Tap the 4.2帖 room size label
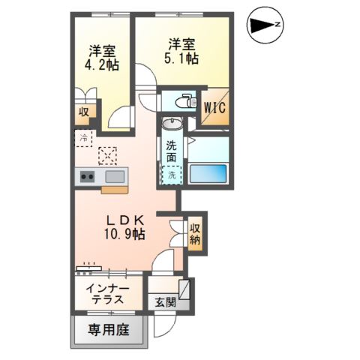[102, 65]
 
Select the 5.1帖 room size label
[183, 58]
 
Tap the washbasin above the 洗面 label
[172, 125]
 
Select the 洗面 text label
[172, 152]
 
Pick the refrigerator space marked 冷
[85, 137]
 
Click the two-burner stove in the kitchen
[87, 177]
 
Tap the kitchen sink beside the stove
[115, 177]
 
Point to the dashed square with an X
[109, 155]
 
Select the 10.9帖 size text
[124, 235]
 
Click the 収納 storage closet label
[195, 234]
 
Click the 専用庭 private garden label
[110, 329]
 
